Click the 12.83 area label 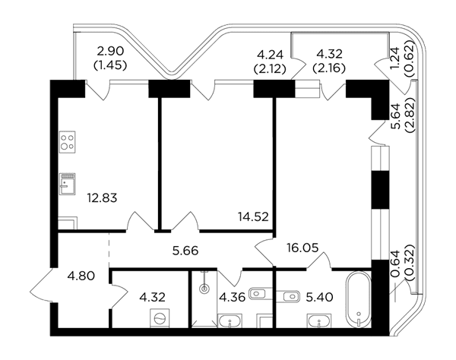102,198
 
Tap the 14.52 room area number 253,216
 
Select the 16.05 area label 302,248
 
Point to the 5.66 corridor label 185,250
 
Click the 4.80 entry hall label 81,276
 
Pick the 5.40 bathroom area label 320,297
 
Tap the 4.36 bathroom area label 233,297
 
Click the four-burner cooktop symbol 68,142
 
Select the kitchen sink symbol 68,184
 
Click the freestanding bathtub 359,299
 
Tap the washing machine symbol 160,318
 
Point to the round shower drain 204,289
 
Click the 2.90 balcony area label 110,52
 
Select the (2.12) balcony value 270,69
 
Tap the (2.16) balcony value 329,68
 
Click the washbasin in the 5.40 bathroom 319,321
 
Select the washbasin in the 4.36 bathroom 230,321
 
